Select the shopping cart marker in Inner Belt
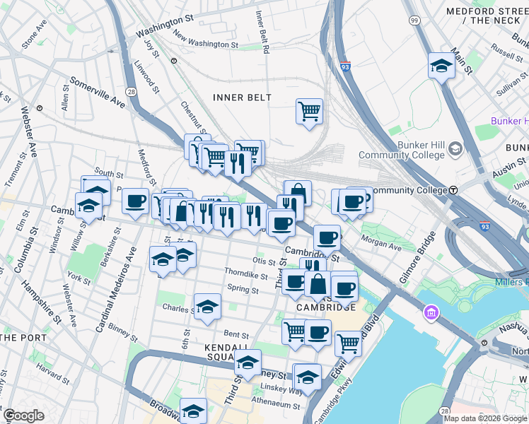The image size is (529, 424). pyautogui.click(x=309, y=112)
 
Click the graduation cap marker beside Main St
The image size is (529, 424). pyautogui.click(x=441, y=67)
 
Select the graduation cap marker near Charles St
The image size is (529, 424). pyautogui.click(x=208, y=307)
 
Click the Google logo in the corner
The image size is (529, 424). pyautogui.click(x=24, y=416)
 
